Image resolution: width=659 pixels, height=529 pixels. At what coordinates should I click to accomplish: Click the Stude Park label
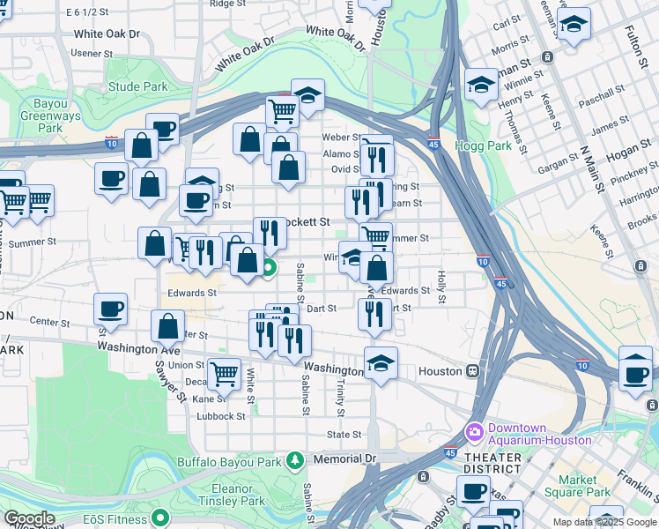tap(137, 87)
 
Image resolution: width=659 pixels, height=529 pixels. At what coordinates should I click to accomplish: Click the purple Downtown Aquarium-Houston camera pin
tap(475, 432)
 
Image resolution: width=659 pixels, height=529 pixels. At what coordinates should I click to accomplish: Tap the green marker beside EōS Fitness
tap(159, 518)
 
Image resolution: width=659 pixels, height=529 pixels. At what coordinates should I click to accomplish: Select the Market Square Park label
tap(577, 486)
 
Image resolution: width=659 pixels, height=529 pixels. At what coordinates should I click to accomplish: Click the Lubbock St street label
tap(220, 416)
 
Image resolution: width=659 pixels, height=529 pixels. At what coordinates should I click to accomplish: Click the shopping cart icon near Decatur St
tap(224, 373)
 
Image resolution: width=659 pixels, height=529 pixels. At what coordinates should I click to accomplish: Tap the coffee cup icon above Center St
tap(111, 309)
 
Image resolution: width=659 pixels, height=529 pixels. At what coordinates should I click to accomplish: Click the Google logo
tap(30, 519)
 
